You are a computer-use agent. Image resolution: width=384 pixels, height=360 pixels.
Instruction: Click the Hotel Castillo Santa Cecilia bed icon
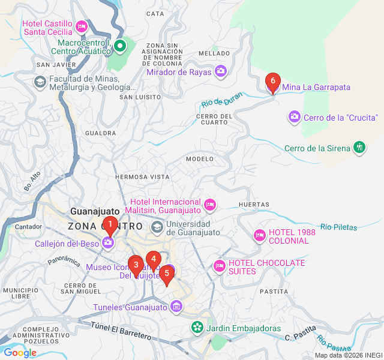82,27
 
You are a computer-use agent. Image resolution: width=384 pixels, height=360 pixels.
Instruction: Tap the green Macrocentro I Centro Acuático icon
120,45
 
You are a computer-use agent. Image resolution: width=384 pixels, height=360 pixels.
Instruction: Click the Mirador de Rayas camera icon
221,71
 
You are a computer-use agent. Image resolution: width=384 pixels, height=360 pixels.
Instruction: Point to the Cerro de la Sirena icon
359,148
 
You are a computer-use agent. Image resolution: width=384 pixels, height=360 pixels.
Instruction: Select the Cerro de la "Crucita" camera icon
294,116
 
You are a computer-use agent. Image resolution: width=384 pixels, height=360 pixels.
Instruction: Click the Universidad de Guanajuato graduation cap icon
157,226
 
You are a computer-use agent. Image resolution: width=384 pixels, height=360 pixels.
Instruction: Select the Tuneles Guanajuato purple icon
176,307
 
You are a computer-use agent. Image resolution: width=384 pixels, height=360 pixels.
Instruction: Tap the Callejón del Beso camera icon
109,242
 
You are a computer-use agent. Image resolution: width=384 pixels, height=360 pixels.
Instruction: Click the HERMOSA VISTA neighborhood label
142,177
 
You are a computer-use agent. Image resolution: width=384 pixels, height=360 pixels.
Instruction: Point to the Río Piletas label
338,227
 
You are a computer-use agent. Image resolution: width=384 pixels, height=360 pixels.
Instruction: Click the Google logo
20,353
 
